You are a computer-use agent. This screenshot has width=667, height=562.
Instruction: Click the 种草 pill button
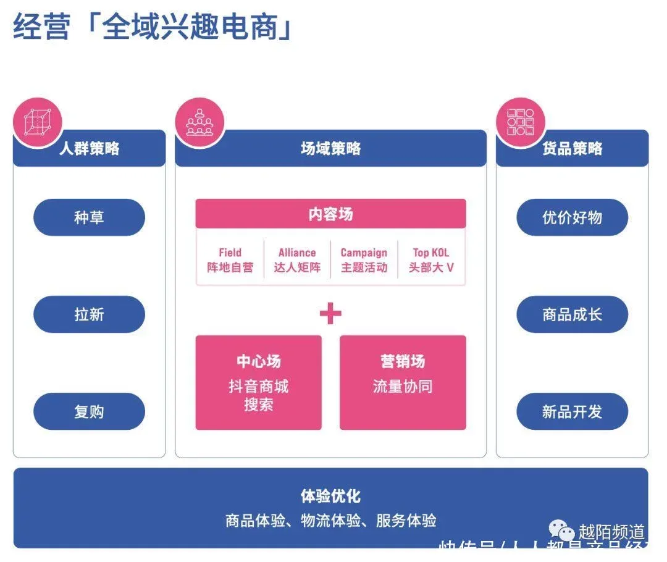click(89, 217)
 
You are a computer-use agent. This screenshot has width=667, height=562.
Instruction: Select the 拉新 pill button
click(89, 314)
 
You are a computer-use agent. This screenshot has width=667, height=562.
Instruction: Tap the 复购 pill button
click(89, 411)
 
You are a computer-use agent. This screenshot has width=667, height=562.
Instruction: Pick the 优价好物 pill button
click(572, 217)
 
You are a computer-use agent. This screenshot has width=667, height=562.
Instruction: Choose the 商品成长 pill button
click(572, 314)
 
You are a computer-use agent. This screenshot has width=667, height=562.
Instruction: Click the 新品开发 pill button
click(572, 411)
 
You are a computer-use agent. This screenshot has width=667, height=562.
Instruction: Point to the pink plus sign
click(330, 314)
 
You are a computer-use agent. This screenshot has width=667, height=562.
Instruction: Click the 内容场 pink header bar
click(330, 214)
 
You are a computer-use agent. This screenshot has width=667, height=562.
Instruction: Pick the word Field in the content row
click(230, 253)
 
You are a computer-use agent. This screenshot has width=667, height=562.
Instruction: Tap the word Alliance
click(297, 253)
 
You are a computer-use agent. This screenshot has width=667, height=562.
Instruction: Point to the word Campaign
click(364, 253)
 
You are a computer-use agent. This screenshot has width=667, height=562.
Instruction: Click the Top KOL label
click(431, 253)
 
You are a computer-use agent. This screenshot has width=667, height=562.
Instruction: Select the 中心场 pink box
click(258, 382)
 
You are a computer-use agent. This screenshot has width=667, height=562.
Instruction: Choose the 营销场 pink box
click(403, 382)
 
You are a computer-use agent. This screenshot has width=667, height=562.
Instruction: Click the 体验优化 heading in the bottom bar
click(330, 496)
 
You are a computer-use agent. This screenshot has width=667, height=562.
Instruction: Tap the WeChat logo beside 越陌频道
click(563, 531)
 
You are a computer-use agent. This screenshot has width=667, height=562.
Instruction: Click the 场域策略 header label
click(330, 149)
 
